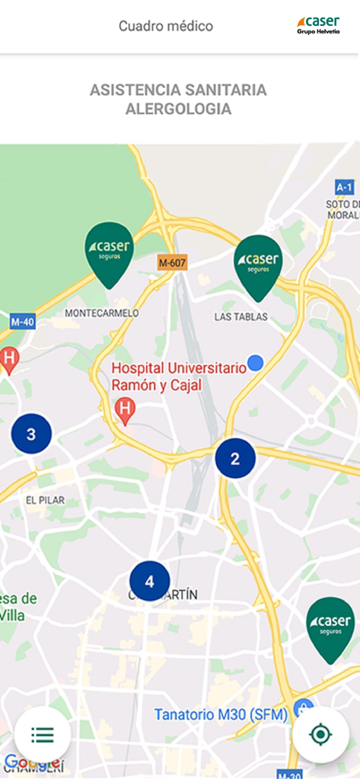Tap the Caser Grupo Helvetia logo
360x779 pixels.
(318, 25)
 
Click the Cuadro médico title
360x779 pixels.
(166, 26)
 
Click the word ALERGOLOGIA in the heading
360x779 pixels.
(178, 109)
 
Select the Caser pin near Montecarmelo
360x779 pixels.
(110, 252)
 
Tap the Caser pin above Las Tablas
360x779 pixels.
(258, 265)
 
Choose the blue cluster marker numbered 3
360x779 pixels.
(31, 434)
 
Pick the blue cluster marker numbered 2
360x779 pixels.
(235, 459)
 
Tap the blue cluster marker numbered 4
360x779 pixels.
(149, 581)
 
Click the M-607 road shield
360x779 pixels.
(173, 262)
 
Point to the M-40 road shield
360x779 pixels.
(22, 322)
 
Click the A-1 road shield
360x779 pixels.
(345, 187)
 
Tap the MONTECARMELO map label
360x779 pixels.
(102, 313)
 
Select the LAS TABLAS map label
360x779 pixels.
(241, 316)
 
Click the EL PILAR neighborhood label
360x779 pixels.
(45, 500)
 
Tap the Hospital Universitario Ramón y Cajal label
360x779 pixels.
(179, 377)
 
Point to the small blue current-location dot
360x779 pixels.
(256, 363)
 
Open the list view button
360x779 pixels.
(43, 735)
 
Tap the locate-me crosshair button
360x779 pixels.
(320, 735)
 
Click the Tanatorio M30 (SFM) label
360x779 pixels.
(221, 714)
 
